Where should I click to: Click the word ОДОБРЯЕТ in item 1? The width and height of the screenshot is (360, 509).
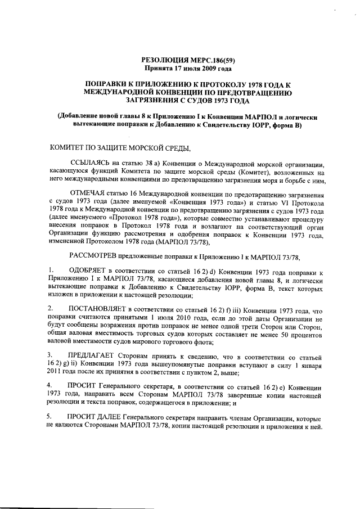[x=89, y=271]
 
